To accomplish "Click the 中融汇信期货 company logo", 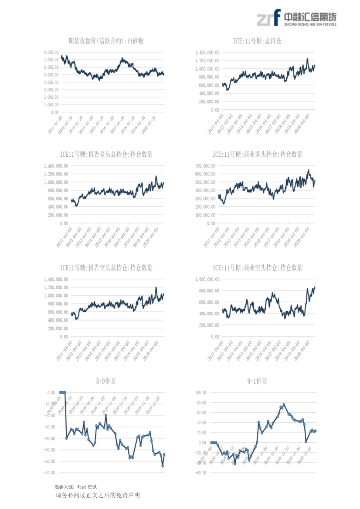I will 296,18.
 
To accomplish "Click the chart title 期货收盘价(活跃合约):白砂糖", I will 106,41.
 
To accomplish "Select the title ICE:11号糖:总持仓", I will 258,41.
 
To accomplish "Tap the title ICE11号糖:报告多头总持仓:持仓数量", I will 106,155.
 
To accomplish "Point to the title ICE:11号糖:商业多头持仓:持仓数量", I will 258,155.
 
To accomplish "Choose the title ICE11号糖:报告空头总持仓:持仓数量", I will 106,268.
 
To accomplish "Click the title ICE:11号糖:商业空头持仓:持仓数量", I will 258,268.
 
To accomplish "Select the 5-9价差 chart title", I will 106,381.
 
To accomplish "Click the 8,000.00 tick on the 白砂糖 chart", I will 51,52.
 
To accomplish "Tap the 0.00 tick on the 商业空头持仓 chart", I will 215,337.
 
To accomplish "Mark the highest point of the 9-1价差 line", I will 284,405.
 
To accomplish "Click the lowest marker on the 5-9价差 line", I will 163,466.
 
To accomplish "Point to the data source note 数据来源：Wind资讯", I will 76,487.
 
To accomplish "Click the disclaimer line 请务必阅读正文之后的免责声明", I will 98,496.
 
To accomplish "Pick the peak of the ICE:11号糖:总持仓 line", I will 307,58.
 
